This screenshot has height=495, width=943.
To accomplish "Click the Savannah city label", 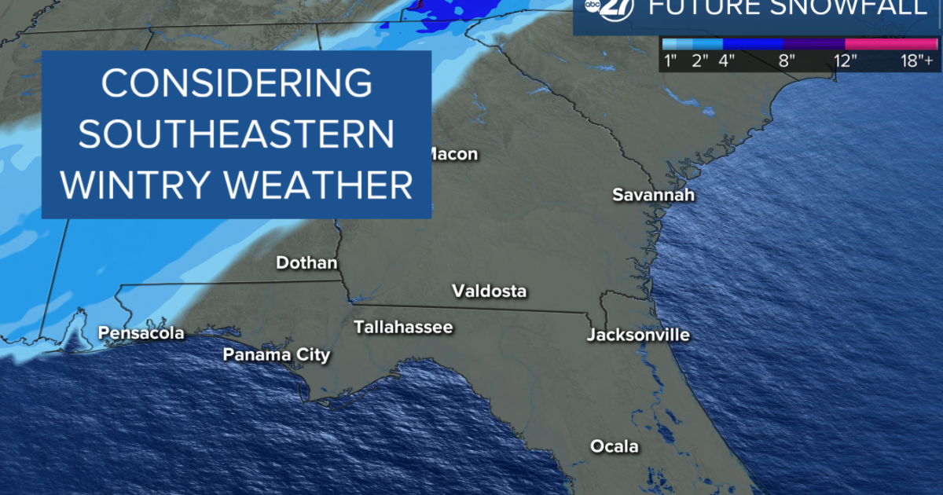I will [653, 195].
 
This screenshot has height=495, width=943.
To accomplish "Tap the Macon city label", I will [451, 154].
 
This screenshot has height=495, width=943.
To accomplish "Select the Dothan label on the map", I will [306, 263].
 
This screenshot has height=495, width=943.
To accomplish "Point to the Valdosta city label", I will [489, 291].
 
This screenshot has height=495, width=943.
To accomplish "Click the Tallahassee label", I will [403, 327].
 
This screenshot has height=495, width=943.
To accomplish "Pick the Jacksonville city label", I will [638, 335].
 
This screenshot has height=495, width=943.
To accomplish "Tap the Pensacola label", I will [141, 333].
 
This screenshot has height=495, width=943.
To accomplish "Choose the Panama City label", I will [276, 355].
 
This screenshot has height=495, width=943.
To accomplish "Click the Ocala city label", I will [615, 447].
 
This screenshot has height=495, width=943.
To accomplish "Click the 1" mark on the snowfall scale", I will [670, 60].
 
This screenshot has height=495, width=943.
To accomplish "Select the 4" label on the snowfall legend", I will [727, 60].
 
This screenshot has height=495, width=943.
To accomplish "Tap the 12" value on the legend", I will [846, 60].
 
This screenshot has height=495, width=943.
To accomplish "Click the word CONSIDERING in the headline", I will [236, 83].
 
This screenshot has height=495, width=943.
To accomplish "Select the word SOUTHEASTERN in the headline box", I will [236, 134].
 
